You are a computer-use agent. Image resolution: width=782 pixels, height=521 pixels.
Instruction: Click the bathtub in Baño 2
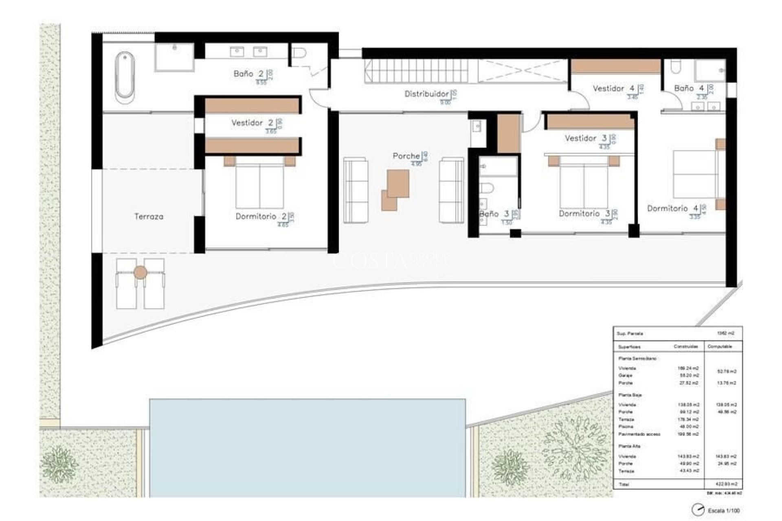pos(125,77)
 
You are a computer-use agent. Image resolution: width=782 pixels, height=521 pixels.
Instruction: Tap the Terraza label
pos(149,217)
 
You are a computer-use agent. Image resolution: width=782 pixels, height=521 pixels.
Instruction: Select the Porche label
pos(406,156)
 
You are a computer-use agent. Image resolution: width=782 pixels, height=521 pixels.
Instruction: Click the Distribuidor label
pos(426,94)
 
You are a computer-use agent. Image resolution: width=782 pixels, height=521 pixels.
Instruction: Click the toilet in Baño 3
pos(486,188)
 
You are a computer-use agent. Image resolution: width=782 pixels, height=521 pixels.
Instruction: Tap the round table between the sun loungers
pos(140,272)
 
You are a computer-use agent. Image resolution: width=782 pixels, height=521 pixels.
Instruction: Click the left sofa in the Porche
pos(356,190)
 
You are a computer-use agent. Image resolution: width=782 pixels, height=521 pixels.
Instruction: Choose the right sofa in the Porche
pos(451,190)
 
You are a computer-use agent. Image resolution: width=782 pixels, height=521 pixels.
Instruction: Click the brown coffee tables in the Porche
pos(395,189)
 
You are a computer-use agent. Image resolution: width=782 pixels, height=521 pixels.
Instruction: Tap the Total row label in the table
pos(624,484)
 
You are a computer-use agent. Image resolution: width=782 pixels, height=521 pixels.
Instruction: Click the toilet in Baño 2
pos(299,53)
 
